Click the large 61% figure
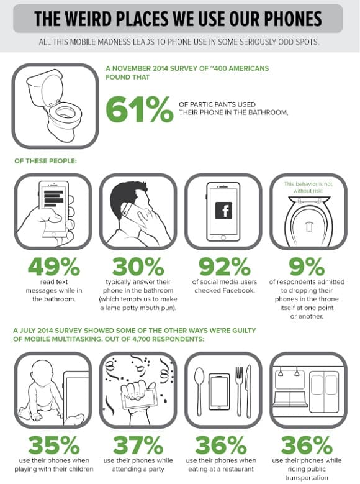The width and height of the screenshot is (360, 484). click(x=140, y=109)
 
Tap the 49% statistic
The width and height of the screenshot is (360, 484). click(x=54, y=267)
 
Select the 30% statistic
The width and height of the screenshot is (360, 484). click(x=138, y=267)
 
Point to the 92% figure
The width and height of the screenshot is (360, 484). click(x=224, y=267)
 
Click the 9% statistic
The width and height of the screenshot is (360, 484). click(x=307, y=267)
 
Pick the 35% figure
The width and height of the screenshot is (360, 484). click(x=54, y=445)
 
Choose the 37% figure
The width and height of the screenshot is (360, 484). click(x=138, y=445)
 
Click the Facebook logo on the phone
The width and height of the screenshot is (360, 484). click(x=223, y=211)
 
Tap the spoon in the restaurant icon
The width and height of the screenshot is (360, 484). click(x=200, y=391)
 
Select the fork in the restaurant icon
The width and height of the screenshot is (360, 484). click(x=239, y=391)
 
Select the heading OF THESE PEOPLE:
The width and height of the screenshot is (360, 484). click(x=45, y=161)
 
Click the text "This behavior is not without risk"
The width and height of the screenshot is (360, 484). click(x=308, y=188)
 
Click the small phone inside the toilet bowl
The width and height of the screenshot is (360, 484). click(x=308, y=226)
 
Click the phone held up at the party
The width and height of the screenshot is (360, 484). click(x=142, y=398)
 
